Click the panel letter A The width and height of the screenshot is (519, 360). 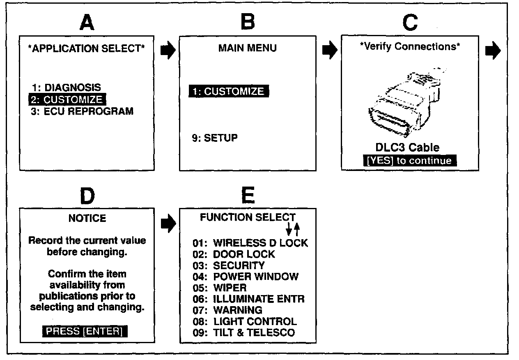(87, 23)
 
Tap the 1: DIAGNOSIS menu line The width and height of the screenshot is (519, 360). (66, 88)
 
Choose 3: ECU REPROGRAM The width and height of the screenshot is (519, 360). (82, 111)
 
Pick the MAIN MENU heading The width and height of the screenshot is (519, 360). (247, 48)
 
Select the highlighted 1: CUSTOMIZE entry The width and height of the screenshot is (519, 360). (229, 91)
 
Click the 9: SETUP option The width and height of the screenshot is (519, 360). (215, 138)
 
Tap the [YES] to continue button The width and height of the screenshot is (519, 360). (409, 161)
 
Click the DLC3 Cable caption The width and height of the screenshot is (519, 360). (407, 148)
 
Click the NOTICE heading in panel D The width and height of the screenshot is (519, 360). (87, 218)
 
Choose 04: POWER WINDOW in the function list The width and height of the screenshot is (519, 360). (246, 277)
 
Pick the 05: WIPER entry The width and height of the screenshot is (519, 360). (220, 288)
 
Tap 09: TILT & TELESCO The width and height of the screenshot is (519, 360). (243, 332)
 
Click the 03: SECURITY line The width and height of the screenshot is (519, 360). (229, 265)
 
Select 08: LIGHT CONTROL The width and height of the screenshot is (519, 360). (245, 321)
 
